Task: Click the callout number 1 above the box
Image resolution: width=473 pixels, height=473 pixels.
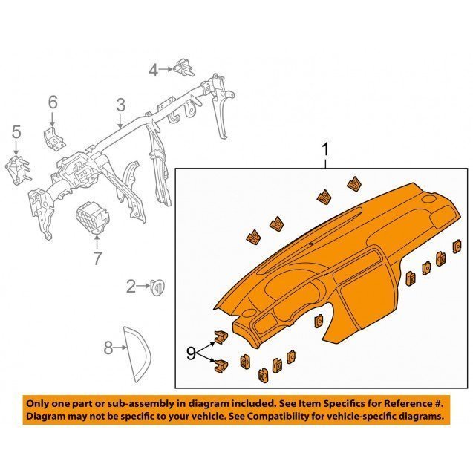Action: pos(325,150)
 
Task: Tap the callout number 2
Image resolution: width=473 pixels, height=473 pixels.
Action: pos(131,287)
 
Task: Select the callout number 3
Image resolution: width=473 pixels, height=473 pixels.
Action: pos(120,105)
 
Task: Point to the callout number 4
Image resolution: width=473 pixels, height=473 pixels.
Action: pos(154,71)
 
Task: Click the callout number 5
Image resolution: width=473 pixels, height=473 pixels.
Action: pos(16,132)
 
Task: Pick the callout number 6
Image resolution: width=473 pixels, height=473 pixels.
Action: pos(53,102)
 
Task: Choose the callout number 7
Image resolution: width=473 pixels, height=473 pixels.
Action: pos(97,258)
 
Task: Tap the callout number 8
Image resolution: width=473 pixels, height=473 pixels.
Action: pos(108,348)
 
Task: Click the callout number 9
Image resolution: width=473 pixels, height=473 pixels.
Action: pos(192,353)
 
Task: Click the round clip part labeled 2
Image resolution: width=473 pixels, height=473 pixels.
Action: pos(157,287)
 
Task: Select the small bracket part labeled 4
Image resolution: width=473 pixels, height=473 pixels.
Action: pos(183,67)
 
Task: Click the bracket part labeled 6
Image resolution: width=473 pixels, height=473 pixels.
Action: pos(53,138)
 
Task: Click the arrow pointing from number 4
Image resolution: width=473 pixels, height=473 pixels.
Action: pos(166,69)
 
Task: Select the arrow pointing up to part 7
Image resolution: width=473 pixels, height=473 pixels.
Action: pos(97,243)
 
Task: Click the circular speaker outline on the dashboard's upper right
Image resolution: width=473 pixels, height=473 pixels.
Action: pos(428,199)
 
